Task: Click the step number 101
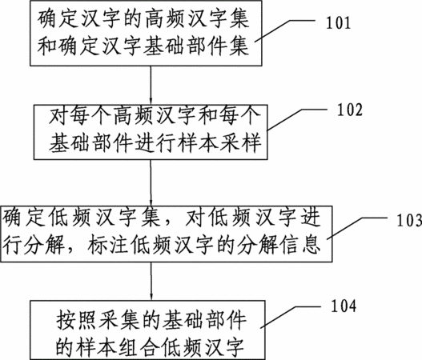[338, 23]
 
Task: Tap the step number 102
[350, 110]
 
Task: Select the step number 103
[409, 220]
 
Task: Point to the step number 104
[344, 306]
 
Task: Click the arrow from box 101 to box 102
[151, 86]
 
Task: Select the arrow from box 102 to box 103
[151, 183]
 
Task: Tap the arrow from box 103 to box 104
[151, 282]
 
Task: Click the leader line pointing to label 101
[285, 30]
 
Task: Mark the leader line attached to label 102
[297, 119]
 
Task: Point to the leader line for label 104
[291, 317]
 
